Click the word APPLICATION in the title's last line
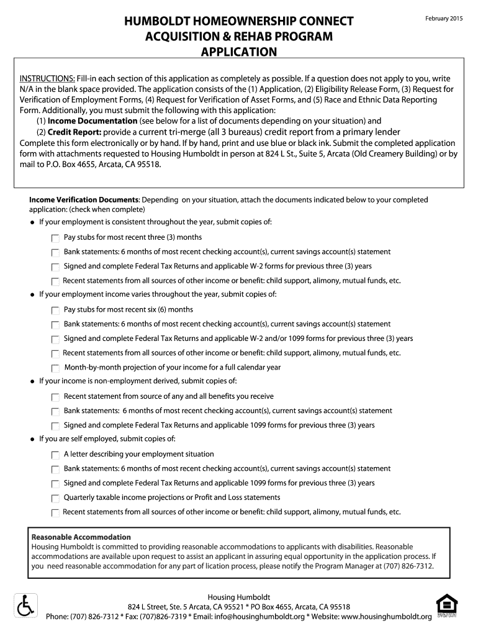pyautogui.click(x=239, y=52)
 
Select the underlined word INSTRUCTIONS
pyautogui.click(x=47, y=79)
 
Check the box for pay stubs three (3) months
pyautogui.click(x=55, y=238)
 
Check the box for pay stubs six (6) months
pyautogui.click(x=55, y=310)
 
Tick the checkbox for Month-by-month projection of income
pyautogui.click(x=55, y=368)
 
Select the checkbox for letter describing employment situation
pyautogui.click(x=55, y=455)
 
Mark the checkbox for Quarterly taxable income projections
pyautogui.click(x=55, y=498)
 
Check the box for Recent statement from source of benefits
pyautogui.click(x=55, y=397)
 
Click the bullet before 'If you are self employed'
pyautogui.click(x=32, y=439)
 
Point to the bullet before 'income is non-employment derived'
pyautogui.click(x=32, y=381)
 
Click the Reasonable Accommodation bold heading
pyautogui.click(x=81, y=537)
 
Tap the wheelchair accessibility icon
pyautogui.click(x=25, y=605)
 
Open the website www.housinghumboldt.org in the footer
pyautogui.click(x=386, y=617)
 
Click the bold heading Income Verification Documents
pyautogui.click(x=84, y=200)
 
